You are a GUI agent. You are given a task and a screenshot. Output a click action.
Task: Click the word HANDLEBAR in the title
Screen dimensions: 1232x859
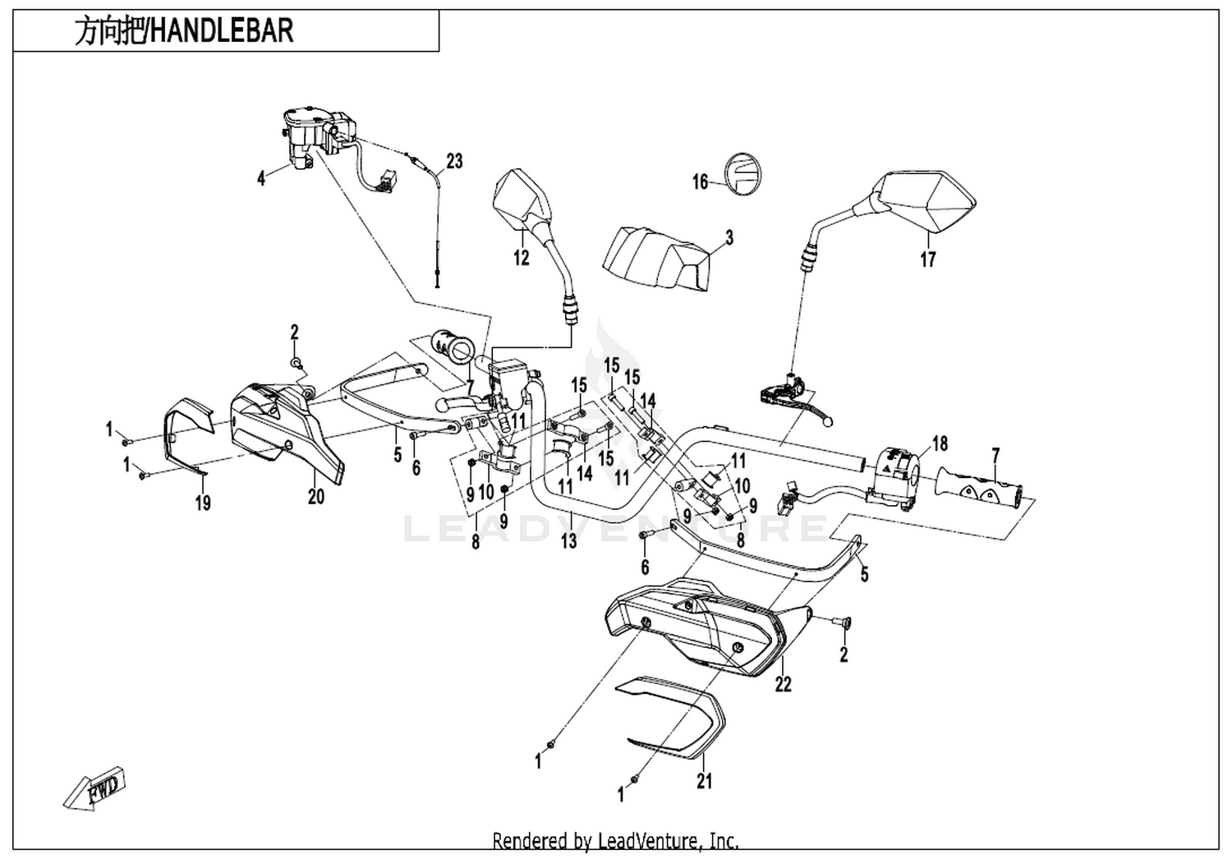click(x=222, y=30)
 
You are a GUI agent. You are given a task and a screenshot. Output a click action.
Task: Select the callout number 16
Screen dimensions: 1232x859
click(x=700, y=181)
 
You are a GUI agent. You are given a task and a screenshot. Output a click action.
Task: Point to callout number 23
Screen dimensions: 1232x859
click(x=454, y=161)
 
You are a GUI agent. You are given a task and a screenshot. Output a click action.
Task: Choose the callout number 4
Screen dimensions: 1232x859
click(x=261, y=178)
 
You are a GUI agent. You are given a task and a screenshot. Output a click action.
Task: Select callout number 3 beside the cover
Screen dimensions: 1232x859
click(x=729, y=238)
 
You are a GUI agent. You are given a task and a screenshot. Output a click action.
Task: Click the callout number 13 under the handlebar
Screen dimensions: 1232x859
click(x=569, y=540)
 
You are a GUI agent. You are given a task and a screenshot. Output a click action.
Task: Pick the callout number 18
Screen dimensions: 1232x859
click(x=940, y=443)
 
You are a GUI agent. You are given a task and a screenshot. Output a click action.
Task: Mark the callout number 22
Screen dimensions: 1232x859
click(x=784, y=684)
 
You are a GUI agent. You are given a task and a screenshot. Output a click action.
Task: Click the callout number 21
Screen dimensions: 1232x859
click(x=705, y=781)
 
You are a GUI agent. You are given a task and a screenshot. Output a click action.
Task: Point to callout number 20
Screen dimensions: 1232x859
click(x=315, y=497)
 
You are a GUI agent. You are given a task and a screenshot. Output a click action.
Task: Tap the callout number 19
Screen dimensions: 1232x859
click(x=203, y=502)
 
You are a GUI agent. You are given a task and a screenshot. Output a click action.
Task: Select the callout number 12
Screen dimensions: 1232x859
click(x=522, y=257)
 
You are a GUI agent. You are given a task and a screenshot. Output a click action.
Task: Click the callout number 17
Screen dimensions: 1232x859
click(x=928, y=259)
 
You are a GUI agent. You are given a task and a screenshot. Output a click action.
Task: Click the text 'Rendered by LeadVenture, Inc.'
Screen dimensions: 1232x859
click(x=615, y=841)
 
